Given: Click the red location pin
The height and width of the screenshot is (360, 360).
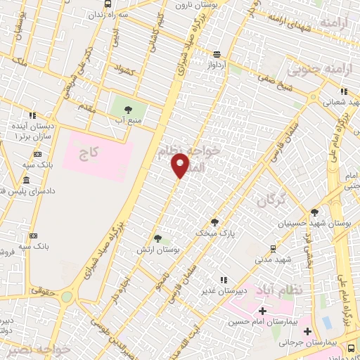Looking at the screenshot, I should pyautogui.click(x=180, y=165).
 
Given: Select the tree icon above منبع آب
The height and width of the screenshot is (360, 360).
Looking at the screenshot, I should pyautogui.click(x=128, y=109).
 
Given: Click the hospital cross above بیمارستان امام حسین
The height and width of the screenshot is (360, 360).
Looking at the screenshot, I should pyautogui.click(x=262, y=311).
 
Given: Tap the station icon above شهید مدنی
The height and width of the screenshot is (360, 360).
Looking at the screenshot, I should pyautogui.click(x=273, y=249).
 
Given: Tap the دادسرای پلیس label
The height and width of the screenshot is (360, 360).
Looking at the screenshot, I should pyautogui.click(x=21, y=191).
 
